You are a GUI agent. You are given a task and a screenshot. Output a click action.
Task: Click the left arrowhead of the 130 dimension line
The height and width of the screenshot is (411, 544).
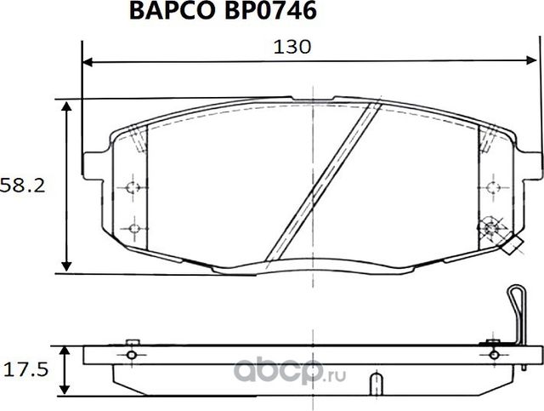click(87, 62)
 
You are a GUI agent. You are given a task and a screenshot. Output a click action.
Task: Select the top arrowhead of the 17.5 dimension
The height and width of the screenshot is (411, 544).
click(67, 349)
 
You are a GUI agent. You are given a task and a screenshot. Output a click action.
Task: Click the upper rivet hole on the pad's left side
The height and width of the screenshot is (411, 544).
click(131, 188)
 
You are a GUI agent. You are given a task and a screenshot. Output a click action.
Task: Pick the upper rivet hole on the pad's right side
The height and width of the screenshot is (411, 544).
click(492, 188)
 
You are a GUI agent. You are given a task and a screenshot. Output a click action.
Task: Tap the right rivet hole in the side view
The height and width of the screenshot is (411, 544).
click(493, 352)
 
